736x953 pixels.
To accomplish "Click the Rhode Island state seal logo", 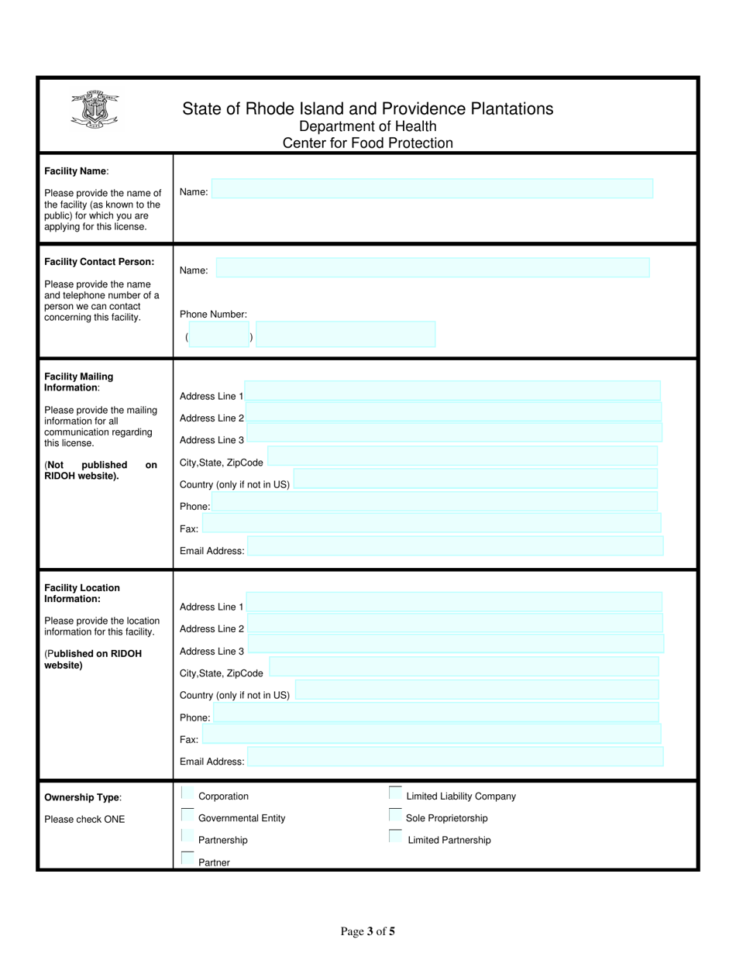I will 94,108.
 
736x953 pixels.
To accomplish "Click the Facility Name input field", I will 432,189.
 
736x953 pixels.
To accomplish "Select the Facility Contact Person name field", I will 432,268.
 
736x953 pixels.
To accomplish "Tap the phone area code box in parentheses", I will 219,335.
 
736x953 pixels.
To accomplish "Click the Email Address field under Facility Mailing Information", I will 455,546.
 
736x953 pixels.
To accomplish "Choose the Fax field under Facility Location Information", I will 432,734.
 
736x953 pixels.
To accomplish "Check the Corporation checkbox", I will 187,793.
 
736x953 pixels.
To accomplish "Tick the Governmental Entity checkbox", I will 187,815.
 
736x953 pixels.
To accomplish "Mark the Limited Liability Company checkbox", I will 395,793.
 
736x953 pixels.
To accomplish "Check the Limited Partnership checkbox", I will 395,837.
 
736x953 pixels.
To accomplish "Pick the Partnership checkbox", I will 187,837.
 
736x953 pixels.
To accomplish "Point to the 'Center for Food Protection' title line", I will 367,143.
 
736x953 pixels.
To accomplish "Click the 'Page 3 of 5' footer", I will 368,931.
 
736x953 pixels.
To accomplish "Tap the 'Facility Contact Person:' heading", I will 99,262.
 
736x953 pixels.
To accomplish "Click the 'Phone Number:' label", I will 213,315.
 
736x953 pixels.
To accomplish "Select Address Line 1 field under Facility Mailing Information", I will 452,390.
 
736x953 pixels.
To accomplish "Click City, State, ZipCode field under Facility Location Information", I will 463,666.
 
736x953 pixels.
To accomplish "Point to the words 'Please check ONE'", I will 84,819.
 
